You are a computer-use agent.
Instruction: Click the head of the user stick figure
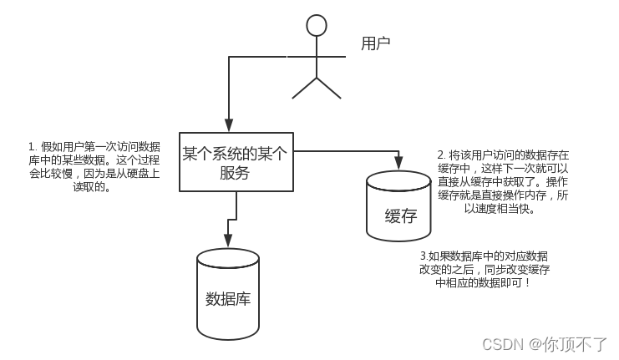pos(316,24)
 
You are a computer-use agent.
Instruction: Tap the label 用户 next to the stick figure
pos(375,43)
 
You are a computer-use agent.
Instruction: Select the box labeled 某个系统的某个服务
pos(236,161)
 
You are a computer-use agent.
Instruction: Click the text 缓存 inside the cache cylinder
pos(400,215)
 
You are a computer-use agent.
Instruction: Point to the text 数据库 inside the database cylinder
pos(227,299)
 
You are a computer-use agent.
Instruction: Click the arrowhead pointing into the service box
pos(228,125)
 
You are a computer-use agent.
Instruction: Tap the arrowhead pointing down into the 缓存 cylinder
pos(398,160)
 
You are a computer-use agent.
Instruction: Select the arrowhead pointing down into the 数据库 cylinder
pos(227,242)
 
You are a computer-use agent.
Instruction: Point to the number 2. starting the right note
pos(442,155)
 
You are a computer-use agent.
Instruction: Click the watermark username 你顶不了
pos(576,344)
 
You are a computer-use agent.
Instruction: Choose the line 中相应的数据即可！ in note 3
pos(483,283)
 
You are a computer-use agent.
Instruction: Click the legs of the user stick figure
pos(316,87)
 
